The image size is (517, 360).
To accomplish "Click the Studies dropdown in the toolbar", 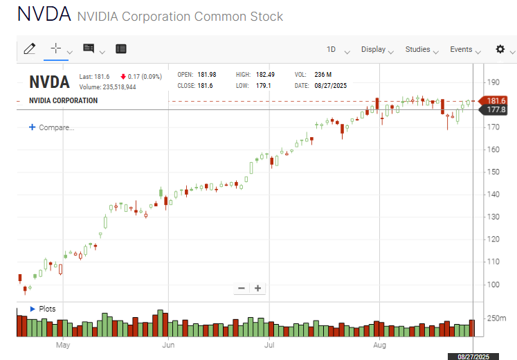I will point(417,49).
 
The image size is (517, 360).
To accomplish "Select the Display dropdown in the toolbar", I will point(373,49).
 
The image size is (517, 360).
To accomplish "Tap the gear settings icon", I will point(500,49).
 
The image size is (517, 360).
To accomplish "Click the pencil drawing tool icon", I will point(29,48).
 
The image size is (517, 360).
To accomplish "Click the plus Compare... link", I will point(52,127).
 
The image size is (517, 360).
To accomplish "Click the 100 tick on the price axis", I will point(493,285).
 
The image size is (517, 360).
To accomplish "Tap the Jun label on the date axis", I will point(167,344).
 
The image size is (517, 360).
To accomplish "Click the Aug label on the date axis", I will point(379,344).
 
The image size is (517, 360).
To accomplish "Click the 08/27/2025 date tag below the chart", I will point(473,356).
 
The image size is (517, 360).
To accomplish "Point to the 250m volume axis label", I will point(497,318).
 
